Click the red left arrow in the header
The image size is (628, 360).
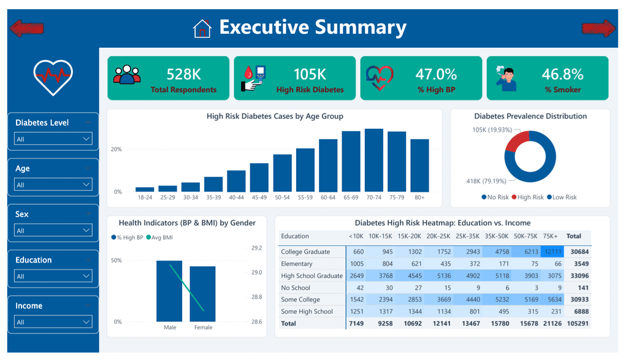click(x=26, y=28)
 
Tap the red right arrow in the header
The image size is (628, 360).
click(x=599, y=28)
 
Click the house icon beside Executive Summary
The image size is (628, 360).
click(x=202, y=28)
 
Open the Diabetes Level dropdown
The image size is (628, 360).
click(x=53, y=139)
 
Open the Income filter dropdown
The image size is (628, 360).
click(x=53, y=321)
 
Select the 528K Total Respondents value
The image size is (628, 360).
click(x=184, y=74)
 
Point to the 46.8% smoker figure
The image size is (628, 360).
click(x=563, y=74)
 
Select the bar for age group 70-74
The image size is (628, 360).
click(x=374, y=160)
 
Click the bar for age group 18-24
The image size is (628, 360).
click(x=145, y=190)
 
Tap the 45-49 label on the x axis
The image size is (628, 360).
click(x=259, y=197)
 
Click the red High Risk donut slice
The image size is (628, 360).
click(x=516, y=141)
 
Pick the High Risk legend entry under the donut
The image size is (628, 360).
click(x=527, y=197)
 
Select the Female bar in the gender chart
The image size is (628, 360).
click(x=202, y=294)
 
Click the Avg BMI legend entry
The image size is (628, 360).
click(x=159, y=237)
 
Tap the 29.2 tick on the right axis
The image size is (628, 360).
click(x=257, y=248)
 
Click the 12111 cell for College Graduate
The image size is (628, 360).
click(x=553, y=251)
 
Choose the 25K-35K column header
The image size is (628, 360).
click(x=467, y=236)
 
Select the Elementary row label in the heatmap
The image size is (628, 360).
click(x=296, y=264)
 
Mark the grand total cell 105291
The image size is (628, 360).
click(x=578, y=323)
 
